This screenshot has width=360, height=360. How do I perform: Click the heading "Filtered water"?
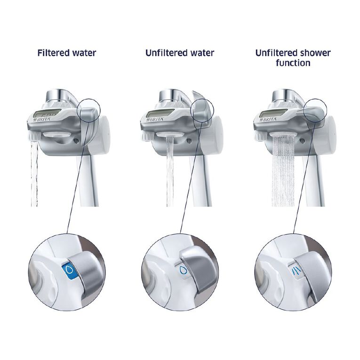pyautogui.click(x=66, y=53)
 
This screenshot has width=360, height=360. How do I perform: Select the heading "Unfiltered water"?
pyautogui.click(x=179, y=53)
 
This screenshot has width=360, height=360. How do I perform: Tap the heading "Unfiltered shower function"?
pyautogui.click(x=293, y=57)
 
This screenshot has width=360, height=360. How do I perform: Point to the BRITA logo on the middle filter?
pyautogui.click(x=156, y=120)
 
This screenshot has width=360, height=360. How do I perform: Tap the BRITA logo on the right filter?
pyautogui.click(x=269, y=120)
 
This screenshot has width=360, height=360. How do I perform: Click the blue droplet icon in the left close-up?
pyautogui.click(x=69, y=269)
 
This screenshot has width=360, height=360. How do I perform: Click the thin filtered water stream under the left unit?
pyautogui.click(x=34, y=174)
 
